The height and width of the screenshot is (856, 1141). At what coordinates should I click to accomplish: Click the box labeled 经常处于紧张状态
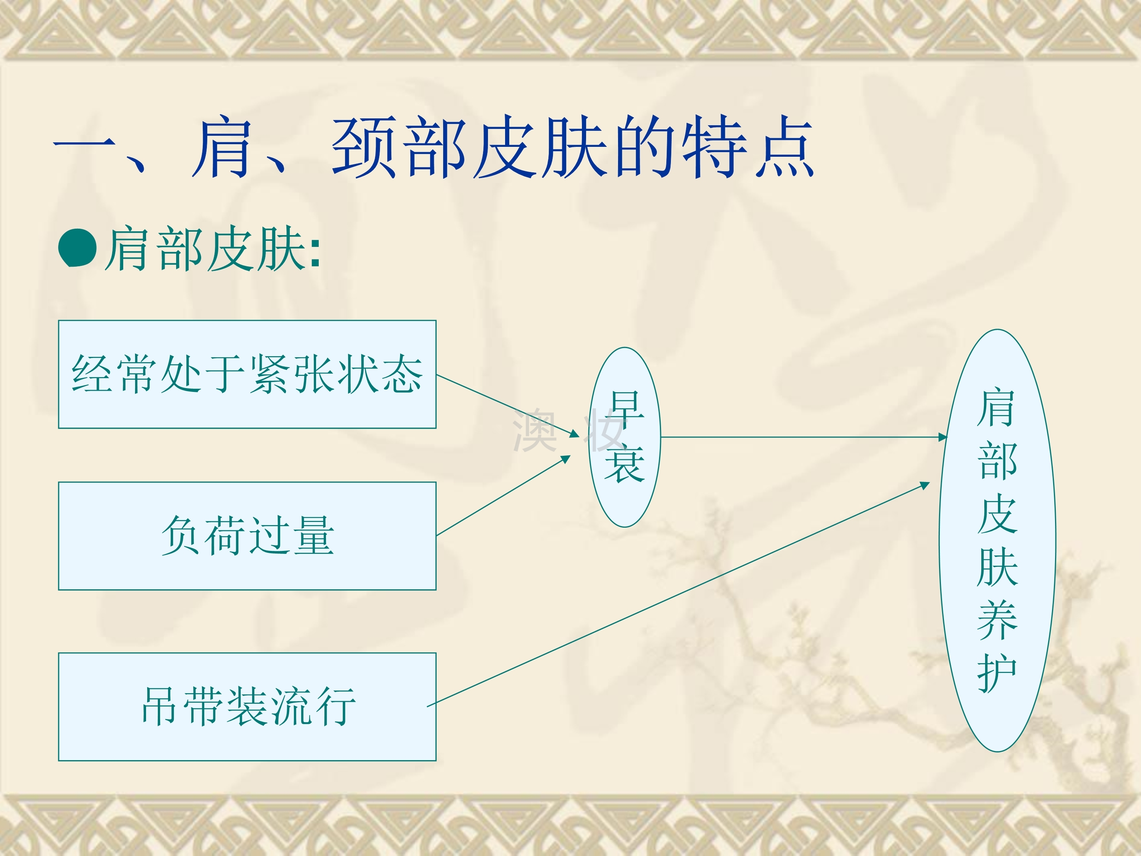click(247, 374)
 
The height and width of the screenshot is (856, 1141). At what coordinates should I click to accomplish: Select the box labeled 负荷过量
click(247, 536)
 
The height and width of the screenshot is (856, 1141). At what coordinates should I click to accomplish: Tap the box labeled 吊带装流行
click(247, 706)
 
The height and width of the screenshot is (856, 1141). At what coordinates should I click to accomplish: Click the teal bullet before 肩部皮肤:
click(77, 248)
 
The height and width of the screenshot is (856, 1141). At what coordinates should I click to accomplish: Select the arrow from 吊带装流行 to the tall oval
click(678, 594)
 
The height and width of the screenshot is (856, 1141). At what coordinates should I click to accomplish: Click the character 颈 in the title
click(365, 147)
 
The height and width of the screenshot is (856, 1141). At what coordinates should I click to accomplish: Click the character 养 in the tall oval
click(997, 620)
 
